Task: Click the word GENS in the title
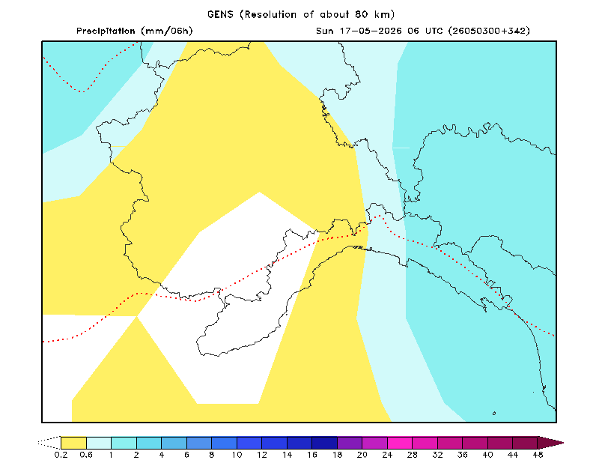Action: click(220, 14)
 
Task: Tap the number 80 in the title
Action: click(362, 14)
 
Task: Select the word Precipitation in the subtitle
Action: click(106, 31)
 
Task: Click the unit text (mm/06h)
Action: click(166, 31)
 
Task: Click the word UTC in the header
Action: click(434, 31)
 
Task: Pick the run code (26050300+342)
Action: click(489, 31)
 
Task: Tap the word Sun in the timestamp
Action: click(325, 31)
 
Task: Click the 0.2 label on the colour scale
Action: click(61, 455)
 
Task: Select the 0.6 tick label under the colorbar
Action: click(86, 455)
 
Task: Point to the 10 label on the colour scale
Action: click(237, 455)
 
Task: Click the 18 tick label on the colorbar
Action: click(338, 455)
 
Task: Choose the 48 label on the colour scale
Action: click(538, 455)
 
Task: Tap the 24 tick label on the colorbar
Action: click(387, 455)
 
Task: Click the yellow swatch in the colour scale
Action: click(73, 443)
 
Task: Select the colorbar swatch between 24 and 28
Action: click(400, 443)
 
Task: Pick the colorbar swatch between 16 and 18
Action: click(325, 443)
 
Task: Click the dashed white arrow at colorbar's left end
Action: click(49, 443)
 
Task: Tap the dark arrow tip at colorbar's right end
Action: click(550, 443)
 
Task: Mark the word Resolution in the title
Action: click(270, 14)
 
